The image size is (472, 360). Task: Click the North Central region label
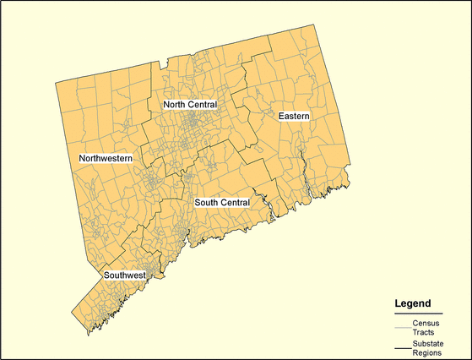tap(190, 105)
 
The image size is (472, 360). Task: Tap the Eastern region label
tap(294, 114)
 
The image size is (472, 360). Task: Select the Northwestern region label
tap(106, 158)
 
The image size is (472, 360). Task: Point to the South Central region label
tap(222, 203)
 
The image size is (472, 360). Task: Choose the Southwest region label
tap(125, 275)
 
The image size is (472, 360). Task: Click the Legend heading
tap(413, 303)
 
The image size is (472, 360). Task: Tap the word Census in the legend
tap(425, 324)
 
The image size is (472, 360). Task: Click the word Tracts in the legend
tap(424, 333)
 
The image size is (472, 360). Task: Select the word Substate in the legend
tap(429, 345)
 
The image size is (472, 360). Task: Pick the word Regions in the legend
tap(427, 354)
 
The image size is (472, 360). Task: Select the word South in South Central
tap(206, 203)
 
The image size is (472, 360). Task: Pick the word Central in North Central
tap(202, 105)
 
